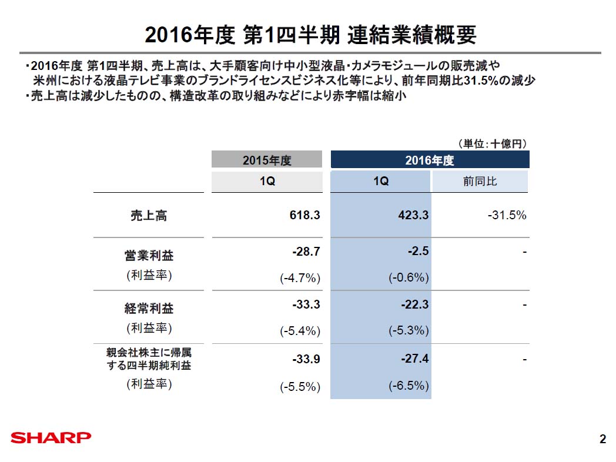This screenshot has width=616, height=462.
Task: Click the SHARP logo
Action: point(51,438)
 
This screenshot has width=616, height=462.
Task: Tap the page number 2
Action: point(602,438)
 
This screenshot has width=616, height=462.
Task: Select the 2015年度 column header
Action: point(267,160)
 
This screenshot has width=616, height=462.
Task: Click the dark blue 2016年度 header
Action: point(430,160)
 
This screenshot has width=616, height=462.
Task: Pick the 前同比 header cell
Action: point(480,182)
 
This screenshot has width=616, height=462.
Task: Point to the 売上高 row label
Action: point(148,216)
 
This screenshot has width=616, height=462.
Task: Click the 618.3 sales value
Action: point(305,216)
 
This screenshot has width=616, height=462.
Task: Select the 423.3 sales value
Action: point(414,216)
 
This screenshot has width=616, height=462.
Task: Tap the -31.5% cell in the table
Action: point(507,216)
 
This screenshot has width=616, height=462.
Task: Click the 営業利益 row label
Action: point(149,256)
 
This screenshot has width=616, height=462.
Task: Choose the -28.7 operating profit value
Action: point(306,252)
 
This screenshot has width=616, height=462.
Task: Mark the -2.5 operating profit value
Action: point(418,252)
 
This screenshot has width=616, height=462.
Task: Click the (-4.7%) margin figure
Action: point(300,278)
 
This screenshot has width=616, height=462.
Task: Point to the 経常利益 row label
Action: point(149,309)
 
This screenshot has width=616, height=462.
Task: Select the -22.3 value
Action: point(414,305)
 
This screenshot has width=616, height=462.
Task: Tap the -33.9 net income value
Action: point(306,359)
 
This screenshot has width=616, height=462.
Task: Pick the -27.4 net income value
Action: point(414,359)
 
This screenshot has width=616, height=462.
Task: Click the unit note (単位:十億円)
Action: point(491,143)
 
